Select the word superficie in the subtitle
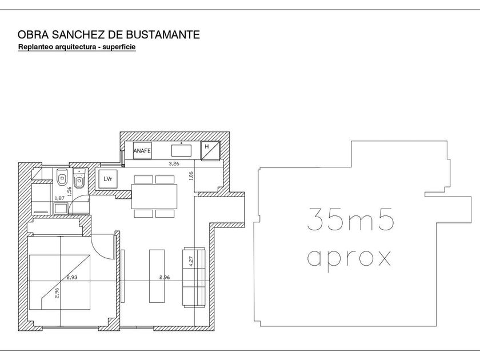point(119,47)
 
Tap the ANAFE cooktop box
point(142,151)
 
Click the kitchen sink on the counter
point(181,150)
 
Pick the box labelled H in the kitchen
point(210,151)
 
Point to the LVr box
point(108,179)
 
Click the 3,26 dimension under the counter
point(174,164)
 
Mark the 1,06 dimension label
point(191,176)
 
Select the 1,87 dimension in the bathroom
point(59,198)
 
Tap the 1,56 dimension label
point(69,191)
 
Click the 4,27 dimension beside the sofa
point(191,261)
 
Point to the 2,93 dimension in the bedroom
point(72,278)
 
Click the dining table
point(154,196)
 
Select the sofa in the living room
point(194,277)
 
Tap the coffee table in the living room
point(157,276)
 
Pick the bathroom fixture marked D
point(62,177)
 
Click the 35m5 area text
point(350,219)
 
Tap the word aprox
point(349,259)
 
